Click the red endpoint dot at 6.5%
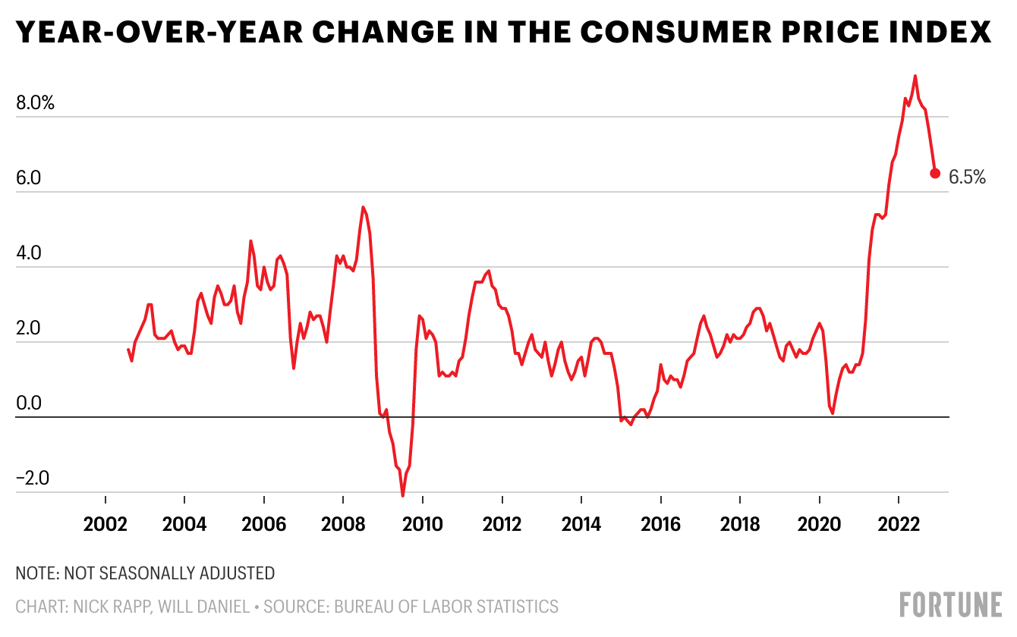click(x=935, y=173)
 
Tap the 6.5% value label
click(x=967, y=177)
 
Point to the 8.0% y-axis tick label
click(x=35, y=104)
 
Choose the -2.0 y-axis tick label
click(x=32, y=479)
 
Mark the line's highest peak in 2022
click(x=915, y=76)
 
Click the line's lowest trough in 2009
click(x=403, y=496)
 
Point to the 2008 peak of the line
click(x=363, y=207)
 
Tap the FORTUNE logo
click(x=950, y=605)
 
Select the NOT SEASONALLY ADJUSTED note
click(x=172, y=573)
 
